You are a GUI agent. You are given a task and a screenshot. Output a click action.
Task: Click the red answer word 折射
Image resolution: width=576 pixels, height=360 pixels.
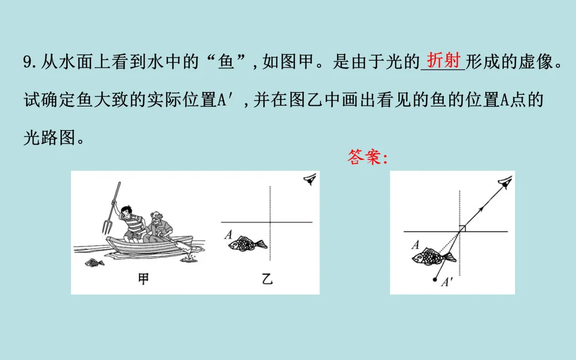(444, 60)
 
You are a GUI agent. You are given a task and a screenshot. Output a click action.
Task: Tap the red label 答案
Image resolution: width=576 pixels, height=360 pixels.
(364, 157)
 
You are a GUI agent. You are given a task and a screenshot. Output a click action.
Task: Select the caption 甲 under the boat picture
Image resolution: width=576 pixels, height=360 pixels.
(143, 279)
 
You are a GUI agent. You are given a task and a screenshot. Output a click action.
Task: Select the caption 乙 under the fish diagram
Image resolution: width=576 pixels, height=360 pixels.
(267, 279)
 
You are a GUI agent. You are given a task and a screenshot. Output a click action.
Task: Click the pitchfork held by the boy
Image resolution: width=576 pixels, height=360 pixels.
(111, 208)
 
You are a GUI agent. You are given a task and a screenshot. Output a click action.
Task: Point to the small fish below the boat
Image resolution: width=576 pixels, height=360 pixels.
(94, 262)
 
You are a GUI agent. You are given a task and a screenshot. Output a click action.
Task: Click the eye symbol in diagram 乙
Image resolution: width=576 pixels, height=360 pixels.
(310, 180)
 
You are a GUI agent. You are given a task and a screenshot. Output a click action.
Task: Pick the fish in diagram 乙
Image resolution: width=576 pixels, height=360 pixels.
(247, 244)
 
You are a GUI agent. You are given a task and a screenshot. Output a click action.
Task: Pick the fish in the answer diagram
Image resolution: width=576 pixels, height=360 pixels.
(434, 257)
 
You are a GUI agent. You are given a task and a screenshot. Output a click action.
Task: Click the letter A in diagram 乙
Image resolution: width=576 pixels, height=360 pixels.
(228, 234)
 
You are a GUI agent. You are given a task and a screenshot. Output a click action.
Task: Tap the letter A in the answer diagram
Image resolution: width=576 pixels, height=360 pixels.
(415, 245)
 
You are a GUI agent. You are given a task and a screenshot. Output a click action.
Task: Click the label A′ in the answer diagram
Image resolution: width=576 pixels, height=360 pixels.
(447, 282)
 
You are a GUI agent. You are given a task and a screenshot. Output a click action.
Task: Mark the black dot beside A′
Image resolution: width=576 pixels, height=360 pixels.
(435, 279)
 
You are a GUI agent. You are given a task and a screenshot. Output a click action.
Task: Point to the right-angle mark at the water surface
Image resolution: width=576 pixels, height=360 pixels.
(462, 228)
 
